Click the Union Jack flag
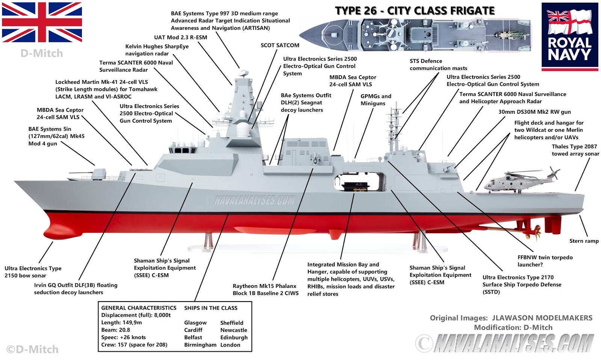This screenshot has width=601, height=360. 42,23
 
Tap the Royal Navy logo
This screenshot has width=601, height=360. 569,37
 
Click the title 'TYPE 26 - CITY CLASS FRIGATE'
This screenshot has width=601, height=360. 415,11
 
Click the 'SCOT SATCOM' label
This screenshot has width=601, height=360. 280,45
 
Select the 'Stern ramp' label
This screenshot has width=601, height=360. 584,241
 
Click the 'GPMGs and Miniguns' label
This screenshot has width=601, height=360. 376,100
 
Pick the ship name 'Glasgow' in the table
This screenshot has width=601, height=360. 195,323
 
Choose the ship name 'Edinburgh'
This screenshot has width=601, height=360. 234,337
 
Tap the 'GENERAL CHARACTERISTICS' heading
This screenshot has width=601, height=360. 139,308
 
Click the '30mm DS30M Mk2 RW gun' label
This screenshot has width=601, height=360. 534,112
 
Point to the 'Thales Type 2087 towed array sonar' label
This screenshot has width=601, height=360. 575,150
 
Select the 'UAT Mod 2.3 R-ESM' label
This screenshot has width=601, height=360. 180,38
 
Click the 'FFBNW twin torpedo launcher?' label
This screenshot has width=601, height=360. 545,261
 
